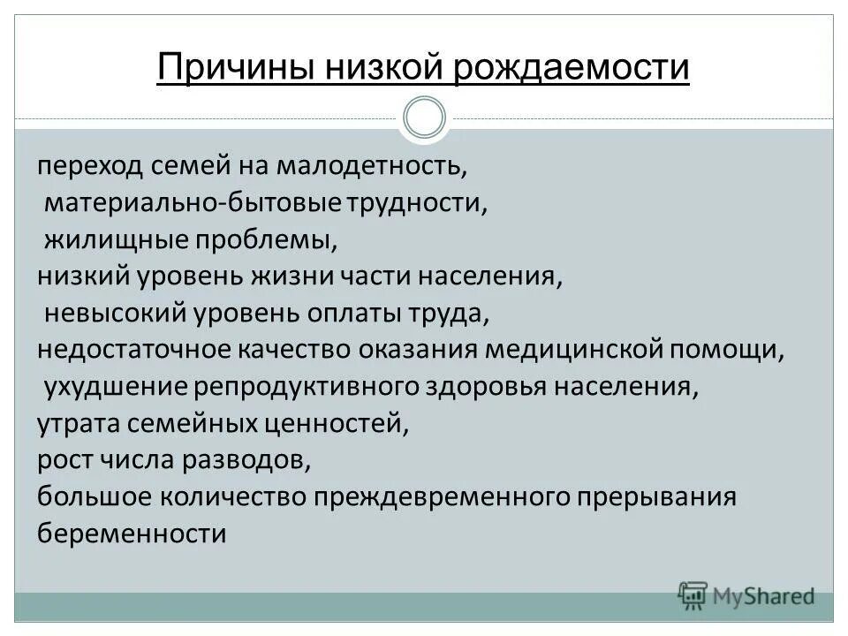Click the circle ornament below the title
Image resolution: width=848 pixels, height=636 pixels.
[x=424, y=118]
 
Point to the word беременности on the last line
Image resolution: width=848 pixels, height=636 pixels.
[x=132, y=534]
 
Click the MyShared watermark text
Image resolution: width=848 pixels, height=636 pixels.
[x=760, y=596]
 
